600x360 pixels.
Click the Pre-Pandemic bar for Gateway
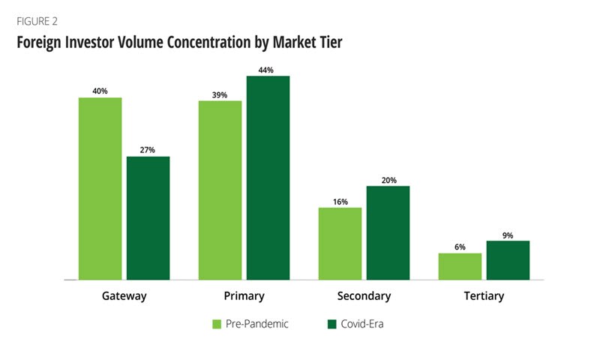click(100, 188)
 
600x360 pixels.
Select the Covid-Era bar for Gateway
click(148, 217)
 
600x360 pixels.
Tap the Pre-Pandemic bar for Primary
click(220, 190)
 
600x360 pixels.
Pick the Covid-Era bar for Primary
click(268, 178)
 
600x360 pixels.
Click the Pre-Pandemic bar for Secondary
click(340, 243)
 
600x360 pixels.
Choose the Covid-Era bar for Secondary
click(388, 232)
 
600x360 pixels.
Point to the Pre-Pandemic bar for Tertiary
click(460, 266)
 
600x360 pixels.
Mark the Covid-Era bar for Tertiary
click(508, 260)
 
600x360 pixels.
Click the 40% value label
click(100, 91)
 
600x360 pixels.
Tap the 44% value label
click(267, 70)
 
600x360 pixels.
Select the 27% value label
click(148, 150)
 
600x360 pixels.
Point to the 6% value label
click(460, 247)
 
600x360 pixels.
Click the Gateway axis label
click(124, 296)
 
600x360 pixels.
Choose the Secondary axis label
click(364, 296)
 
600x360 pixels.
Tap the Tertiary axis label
click(484, 296)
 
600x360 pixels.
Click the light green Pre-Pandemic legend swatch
click(217, 324)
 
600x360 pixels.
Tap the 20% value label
click(388, 179)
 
